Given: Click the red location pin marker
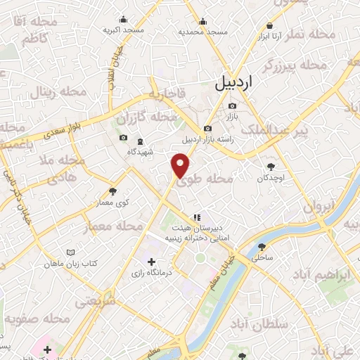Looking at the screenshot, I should click(181, 165).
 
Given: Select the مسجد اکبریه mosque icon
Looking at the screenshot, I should click(124, 19).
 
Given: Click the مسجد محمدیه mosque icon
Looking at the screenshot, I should click(202, 20).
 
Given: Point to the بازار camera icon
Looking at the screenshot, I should click(231, 105).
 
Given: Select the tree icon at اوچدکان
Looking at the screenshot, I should click(271, 167).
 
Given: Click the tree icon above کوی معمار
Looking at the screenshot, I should click(112, 191).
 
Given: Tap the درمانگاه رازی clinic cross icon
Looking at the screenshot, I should click(151, 262).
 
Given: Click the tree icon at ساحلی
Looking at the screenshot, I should click(262, 247).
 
